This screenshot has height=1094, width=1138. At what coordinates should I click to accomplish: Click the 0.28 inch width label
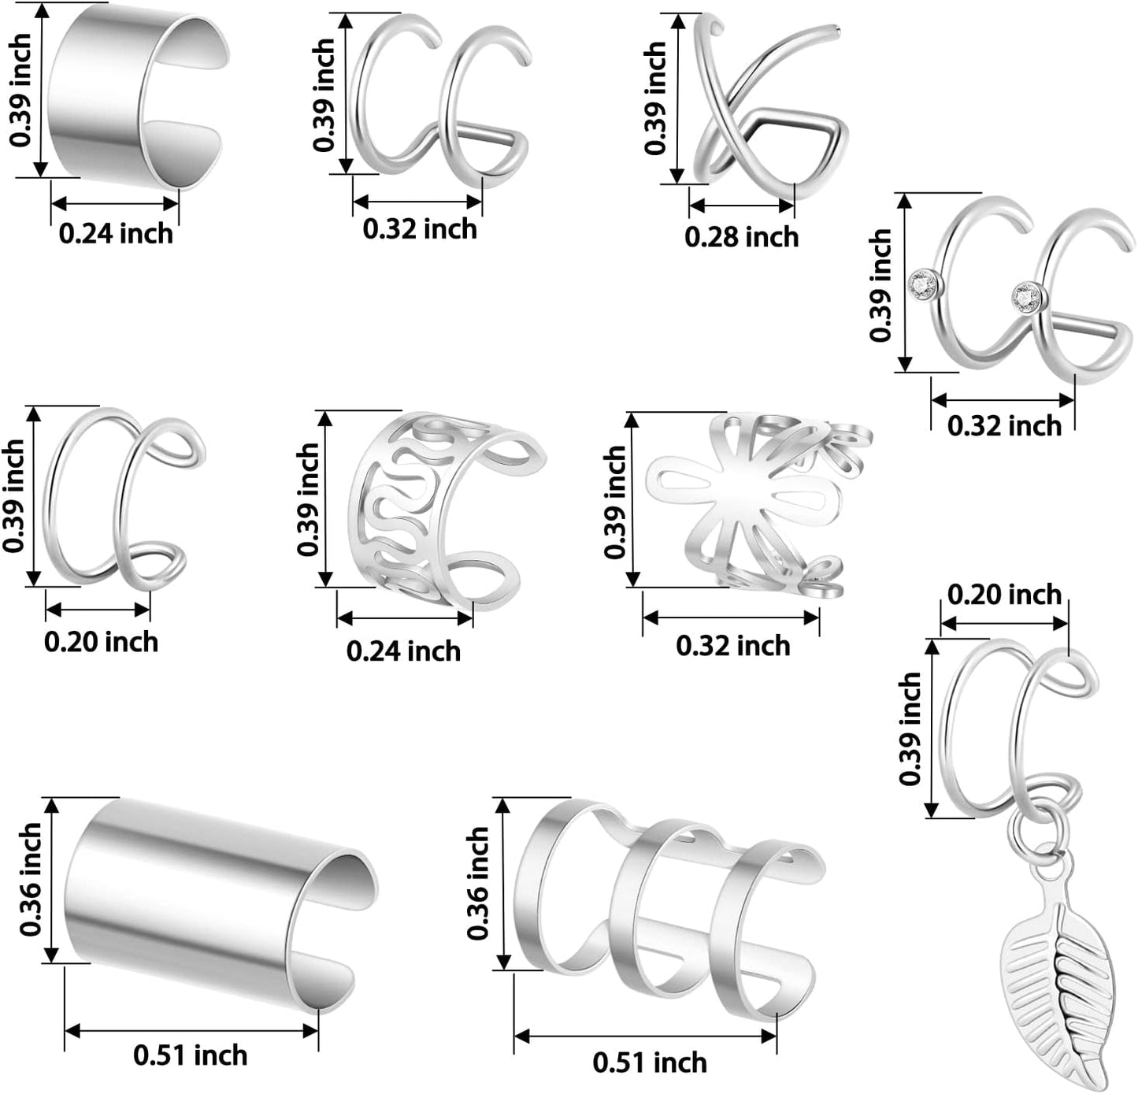pyautogui.click(x=742, y=237)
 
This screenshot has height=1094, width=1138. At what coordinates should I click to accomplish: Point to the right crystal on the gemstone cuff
pyautogui.click(x=1028, y=296)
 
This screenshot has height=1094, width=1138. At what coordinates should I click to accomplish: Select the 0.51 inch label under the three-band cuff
pyautogui.click(x=650, y=1062)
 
